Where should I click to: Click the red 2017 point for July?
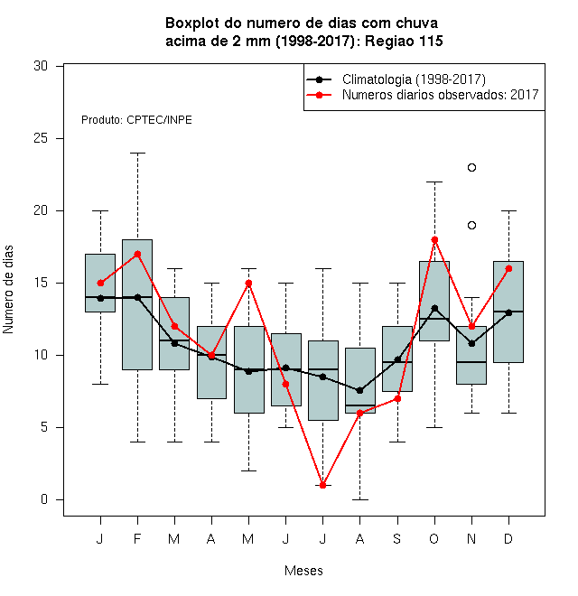pyautogui.click(x=322, y=486)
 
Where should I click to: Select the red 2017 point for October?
pyautogui.click(x=434, y=240)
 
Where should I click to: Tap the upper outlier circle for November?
pyautogui.click(x=471, y=168)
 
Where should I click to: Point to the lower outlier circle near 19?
pyautogui.click(x=471, y=226)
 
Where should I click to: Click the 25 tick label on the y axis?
pyautogui.click(x=41, y=138)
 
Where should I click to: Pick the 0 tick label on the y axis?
pyautogui.click(x=44, y=499)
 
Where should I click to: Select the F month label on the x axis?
pyautogui.click(x=137, y=538)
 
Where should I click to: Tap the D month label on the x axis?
pyautogui.click(x=508, y=538)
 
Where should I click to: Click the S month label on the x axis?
pyautogui.click(x=397, y=538)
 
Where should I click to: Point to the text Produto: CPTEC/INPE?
pyautogui.click(x=136, y=120)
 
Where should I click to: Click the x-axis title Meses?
pyautogui.click(x=303, y=571)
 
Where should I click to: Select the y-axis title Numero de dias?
pyautogui.click(x=8, y=290)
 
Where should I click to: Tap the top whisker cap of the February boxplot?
pyautogui.click(x=137, y=154)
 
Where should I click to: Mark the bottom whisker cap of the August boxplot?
pyautogui.click(x=360, y=499)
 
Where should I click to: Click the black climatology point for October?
pyautogui.click(x=434, y=308)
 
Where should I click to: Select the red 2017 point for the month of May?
pyautogui.click(x=248, y=284)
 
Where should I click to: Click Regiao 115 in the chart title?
pyautogui.click(x=404, y=41)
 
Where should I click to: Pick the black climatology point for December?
pyautogui.click(x=508, y=312)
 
